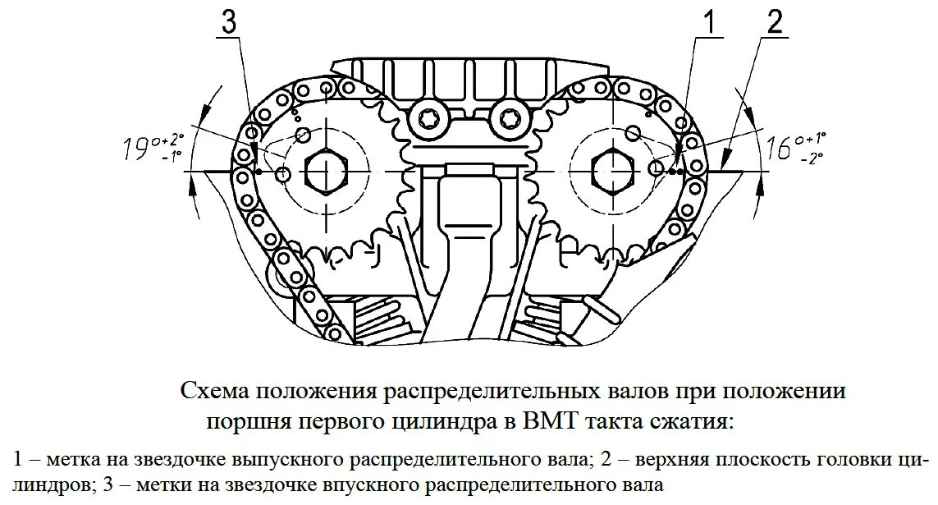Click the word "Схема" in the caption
pyautogui.click(x=208, y=390)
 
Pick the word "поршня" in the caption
pyautogui.click(x=240, y=422)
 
